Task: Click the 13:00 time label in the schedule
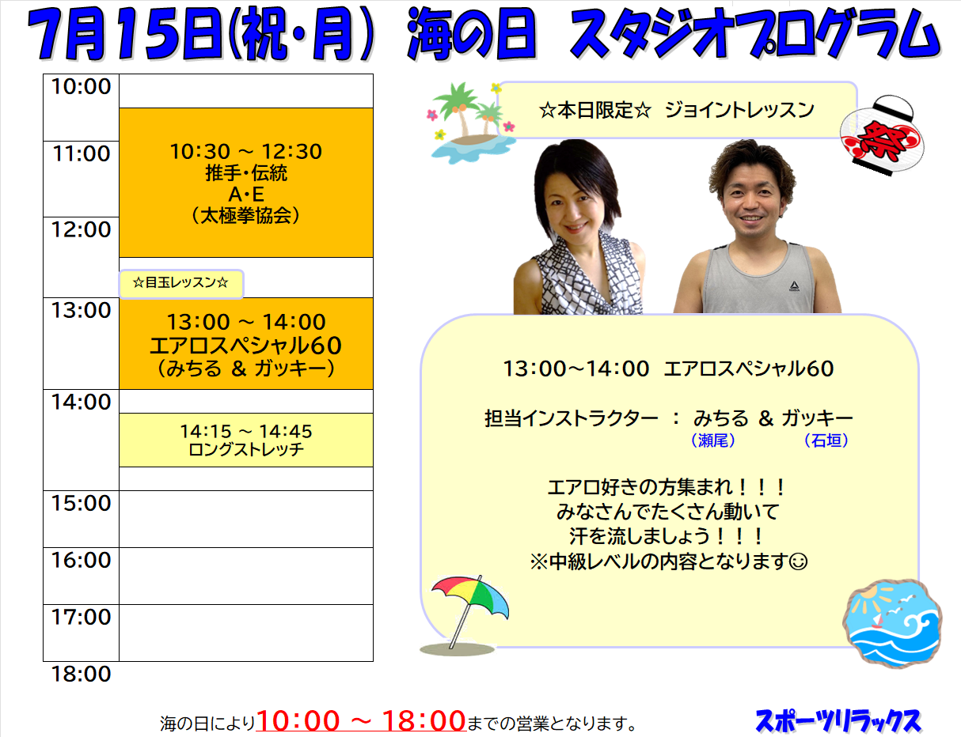pos(81,311)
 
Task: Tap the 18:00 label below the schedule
pos(81,675)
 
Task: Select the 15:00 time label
pos(81,504)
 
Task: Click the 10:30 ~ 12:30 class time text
pos(246,152)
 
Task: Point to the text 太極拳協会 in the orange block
pos(246,216)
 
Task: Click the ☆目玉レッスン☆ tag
pos(180,283)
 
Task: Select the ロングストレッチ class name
pos(246,449)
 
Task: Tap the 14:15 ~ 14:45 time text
pos(246,432)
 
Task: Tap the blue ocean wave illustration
pos(892,623)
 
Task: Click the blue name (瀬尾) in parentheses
pos(713,440)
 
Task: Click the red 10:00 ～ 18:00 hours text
pos(361,721)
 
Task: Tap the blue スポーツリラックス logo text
pos(838,722)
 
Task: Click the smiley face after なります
pos(798,561)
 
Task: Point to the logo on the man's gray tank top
pos(794,287)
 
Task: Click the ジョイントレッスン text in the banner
pos(739,110)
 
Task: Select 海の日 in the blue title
pos(472,35)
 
